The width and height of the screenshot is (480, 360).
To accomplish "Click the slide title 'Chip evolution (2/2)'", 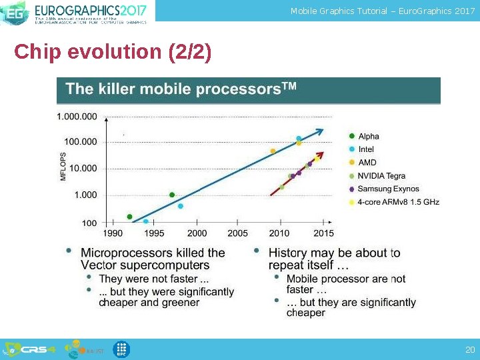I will pyautogui.click(x=113, y=53).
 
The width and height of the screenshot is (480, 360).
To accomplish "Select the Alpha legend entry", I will pyautogui.click(x=368, y=137).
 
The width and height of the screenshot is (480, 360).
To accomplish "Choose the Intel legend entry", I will pyautogui.click(x=366, y=149).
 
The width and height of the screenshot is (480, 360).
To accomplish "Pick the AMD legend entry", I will pyautogui.click(x=367, y=163).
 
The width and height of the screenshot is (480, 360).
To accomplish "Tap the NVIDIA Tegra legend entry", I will pyautogui.click(x=381, y=176).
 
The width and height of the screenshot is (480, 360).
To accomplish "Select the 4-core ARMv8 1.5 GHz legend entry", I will pyautogui.click(x=398, y=202).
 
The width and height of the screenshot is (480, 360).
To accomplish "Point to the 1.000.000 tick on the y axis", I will pyautogui.click(x=77, y=117).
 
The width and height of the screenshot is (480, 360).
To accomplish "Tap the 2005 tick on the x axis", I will pyautogui.click(x=237, y=233).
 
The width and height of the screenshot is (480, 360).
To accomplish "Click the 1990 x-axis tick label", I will pyautogui.click(x=113, y=233).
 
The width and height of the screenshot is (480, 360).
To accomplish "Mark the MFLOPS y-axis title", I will pyautogui.click(x=64, y=166).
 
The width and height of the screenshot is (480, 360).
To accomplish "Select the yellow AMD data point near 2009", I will pyautogui.click(x=273, y=151).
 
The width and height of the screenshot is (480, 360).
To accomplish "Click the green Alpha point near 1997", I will pyautogui.click(x=172, y=195).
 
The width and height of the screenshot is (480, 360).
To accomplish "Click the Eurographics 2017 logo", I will pyautogui.click(x=77, y=11).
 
